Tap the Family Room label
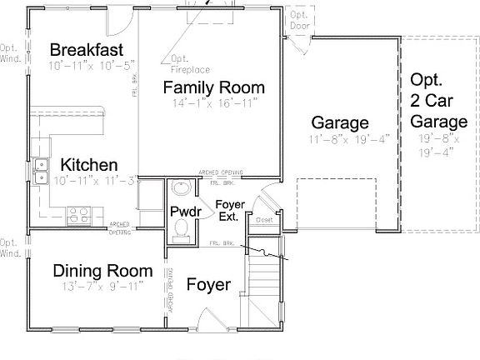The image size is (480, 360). (x=213, y=87)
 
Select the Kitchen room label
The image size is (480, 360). (x=88, y=165)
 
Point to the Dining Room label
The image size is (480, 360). (x=102, y=271)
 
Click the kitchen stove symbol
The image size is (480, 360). (x=77, y=217)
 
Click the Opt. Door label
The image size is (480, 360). (x=298, y=21)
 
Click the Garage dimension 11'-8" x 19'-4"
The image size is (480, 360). (x=339, y=138)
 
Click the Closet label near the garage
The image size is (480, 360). (x=264, y=220)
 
